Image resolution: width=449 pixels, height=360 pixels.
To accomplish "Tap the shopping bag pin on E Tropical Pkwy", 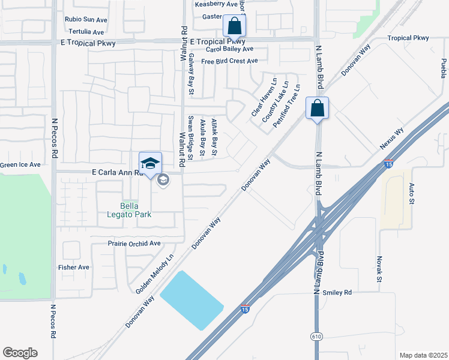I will (234, 27).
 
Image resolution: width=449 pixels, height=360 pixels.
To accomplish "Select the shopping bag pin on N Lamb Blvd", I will (317, 109).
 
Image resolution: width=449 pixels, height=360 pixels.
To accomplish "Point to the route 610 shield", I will (316, 337).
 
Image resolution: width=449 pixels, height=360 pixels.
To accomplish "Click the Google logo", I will (20, 353).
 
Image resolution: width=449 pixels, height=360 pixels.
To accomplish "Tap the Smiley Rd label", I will (336, 293).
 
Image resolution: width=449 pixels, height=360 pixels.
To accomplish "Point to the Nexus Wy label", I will (391, 139).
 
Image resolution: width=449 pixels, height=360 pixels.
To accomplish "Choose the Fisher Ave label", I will (73, 267).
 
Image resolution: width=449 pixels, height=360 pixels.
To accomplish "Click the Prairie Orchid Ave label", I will (134, 244).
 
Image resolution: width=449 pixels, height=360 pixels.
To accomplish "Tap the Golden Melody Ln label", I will (154, 273).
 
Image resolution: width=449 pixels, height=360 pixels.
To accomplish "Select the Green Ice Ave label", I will (20, 164).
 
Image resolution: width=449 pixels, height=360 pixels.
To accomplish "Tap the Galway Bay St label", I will (191, 74).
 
